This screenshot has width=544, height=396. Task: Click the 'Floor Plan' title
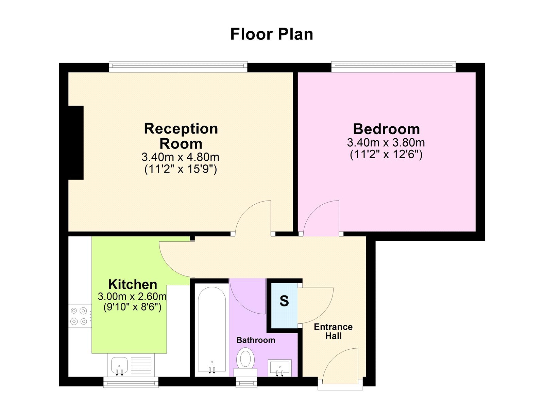[272, 34]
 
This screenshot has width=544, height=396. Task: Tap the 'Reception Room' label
[181, 136]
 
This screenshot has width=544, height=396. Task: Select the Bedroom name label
[386, 129]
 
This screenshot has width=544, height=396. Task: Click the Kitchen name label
[133, 284]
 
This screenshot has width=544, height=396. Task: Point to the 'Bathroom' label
[256, 340]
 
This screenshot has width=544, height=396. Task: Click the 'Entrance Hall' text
[333, 331]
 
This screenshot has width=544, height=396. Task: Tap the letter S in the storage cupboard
[284, 301]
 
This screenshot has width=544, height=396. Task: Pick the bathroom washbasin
[280, 368]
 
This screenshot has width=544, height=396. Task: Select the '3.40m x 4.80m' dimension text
[180, 157]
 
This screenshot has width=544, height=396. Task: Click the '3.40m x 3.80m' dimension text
[386, 143]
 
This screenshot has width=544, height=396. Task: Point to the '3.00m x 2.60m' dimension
[132, 297]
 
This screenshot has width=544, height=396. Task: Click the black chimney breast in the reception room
[76, 143]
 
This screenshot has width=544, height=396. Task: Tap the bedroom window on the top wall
[393, 67]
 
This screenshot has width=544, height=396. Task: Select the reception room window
[178, 67]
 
